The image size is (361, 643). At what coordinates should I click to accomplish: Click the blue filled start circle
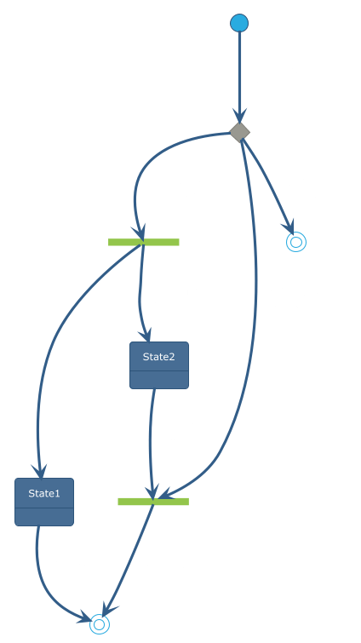pos(239,22)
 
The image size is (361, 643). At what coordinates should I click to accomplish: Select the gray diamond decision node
pos(240,133)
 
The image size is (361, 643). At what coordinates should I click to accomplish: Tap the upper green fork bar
pos(143,242)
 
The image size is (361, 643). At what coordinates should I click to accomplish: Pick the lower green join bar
pos(153,502)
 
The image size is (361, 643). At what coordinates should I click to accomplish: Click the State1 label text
pos(44,493)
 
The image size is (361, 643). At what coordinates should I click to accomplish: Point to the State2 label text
pos(159,357)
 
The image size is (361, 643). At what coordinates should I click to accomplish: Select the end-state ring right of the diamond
pos(296,242)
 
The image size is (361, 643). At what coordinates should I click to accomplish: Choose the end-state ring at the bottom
pos(100,624)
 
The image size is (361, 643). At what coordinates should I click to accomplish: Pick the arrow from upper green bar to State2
pos(140,292)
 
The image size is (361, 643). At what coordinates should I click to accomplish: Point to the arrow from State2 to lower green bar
pos(151,443)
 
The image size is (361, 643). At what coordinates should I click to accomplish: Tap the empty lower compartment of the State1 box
pos(44,517)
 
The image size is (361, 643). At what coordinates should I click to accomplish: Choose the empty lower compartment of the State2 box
pos(159,380)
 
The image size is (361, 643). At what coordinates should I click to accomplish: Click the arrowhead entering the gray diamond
pos(240,116)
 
